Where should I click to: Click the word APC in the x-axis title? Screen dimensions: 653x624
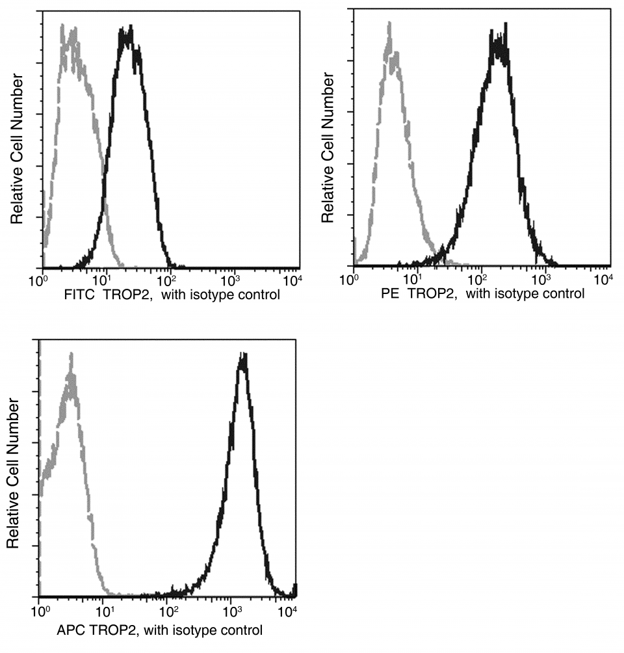(71, 630)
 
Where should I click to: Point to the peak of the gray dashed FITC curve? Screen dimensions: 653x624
(63, 26)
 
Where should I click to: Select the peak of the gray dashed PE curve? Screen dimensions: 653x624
(389, 23)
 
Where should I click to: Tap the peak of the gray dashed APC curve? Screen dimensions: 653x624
(71, 355)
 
